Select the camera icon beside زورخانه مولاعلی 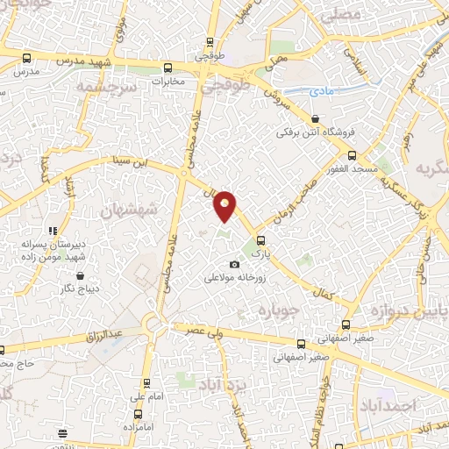[x=233, y=265]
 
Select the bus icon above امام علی [x=146, y=382]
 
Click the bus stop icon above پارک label [x=260, y=238]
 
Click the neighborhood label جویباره [x=281, y=310]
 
